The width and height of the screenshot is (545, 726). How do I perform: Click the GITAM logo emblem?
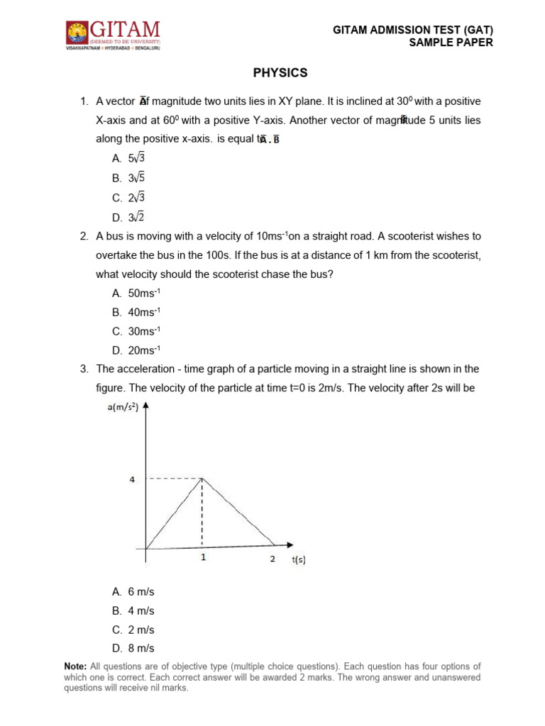(76, 33)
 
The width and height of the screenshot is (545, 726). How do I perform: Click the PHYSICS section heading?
(281, 73)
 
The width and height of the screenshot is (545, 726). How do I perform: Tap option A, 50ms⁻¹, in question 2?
(136, 293)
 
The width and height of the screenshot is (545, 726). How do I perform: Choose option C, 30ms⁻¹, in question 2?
(136, 331)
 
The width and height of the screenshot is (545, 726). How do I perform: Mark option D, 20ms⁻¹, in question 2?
(136, 350)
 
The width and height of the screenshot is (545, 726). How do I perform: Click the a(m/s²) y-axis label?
(123, 407)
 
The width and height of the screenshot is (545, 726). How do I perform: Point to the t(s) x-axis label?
(299, 559)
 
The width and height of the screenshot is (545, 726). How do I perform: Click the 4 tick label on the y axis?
(131, 479)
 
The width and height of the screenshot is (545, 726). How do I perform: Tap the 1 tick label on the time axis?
(203, 558)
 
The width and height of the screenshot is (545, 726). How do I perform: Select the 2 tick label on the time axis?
(272, 559)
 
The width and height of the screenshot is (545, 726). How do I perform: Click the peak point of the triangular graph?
(203, 479)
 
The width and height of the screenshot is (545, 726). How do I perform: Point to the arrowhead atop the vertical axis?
(146, 406)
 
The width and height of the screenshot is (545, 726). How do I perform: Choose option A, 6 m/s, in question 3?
(133, 591)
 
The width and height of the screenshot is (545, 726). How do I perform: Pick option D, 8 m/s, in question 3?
(133, 648)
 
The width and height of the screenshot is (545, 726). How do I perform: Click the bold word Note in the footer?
(75, 666)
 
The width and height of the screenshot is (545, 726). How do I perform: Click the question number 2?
(84, 236)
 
